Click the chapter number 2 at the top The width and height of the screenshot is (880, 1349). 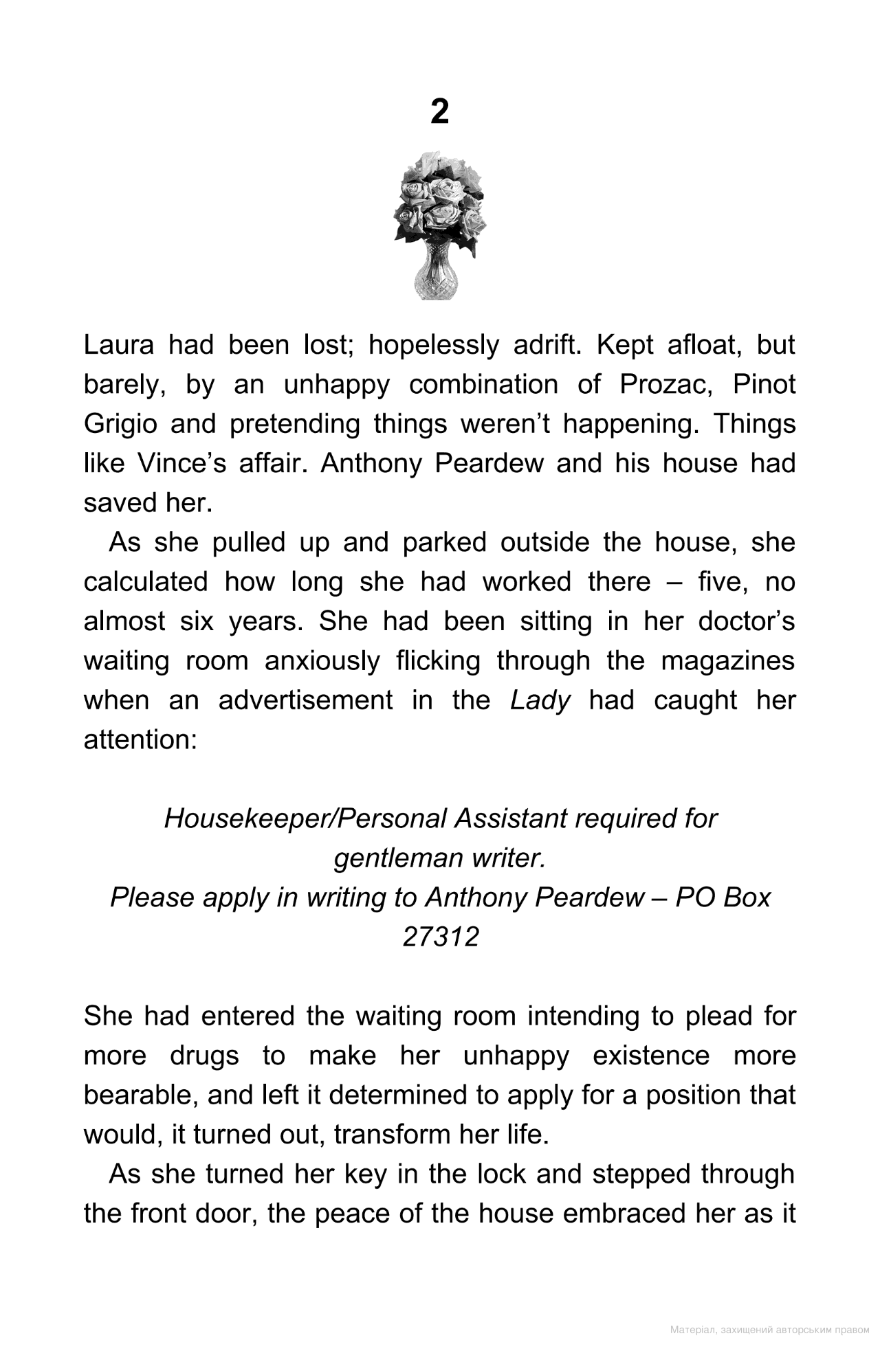point(439,111)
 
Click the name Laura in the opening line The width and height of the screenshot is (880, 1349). point(119,345)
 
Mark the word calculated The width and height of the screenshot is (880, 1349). point(145,583)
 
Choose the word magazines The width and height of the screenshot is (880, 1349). point(727,662)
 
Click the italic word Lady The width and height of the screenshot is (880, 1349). point(540,701)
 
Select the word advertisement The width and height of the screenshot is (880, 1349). point(306,701)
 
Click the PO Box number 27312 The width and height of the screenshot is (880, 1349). point(440,937)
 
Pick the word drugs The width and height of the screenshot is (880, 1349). point(204,1056)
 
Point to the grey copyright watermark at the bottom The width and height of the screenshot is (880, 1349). point(769,1330)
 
